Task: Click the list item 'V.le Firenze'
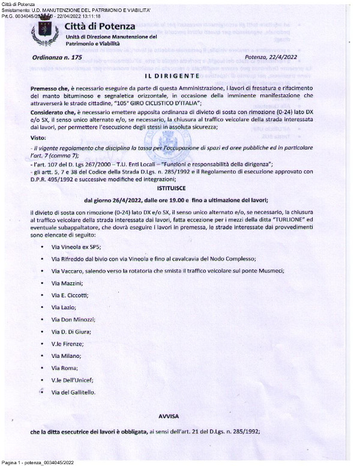click(x=67, y=345)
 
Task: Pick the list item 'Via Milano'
click(x=65, y=356)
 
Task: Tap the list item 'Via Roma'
click(x=63, y=368)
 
